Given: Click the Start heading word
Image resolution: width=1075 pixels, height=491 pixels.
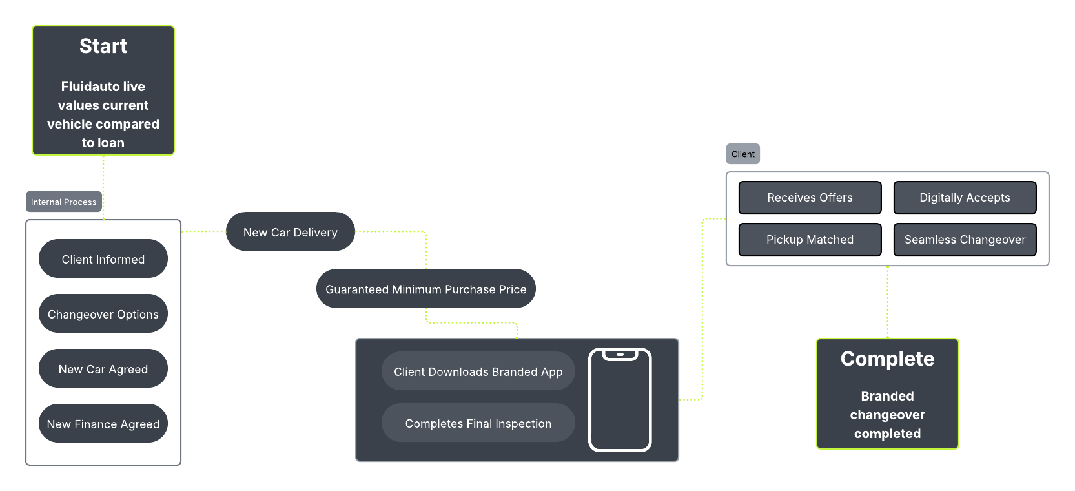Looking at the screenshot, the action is (103, 46).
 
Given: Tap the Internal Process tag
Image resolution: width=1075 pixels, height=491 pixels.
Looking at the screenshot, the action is (64, 202).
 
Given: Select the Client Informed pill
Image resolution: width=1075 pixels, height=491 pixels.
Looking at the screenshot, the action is (103, 259).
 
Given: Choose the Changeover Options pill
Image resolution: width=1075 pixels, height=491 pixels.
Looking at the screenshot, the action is (103, 314).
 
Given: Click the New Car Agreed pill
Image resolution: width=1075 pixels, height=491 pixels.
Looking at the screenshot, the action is (103, 368).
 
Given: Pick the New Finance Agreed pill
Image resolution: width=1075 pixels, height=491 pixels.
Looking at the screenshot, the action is (103, 423).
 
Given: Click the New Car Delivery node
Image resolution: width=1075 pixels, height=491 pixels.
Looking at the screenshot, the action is (291, 231).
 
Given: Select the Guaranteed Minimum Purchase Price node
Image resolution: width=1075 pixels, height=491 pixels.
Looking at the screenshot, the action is (426, 289).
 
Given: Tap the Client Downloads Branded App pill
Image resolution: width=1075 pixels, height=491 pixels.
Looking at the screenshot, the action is (478, 371).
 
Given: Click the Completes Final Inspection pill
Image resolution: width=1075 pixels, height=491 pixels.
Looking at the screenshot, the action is (478, 423).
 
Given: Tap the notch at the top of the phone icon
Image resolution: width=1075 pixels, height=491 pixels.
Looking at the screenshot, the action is (620, 355).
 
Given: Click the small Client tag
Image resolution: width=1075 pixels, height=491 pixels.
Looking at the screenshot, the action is (743, 154).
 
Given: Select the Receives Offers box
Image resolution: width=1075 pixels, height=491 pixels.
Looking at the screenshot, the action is (810, 198).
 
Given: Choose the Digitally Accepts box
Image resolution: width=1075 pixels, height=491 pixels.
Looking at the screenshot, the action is (965, 198).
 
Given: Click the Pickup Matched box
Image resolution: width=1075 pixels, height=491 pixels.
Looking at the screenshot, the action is (810, 239).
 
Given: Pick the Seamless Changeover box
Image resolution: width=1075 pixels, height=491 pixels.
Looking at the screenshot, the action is (965, 239).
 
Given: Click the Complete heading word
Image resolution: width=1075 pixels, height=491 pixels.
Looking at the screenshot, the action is (887, 359).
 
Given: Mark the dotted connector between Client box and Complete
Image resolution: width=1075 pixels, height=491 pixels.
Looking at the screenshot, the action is (887, 302).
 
